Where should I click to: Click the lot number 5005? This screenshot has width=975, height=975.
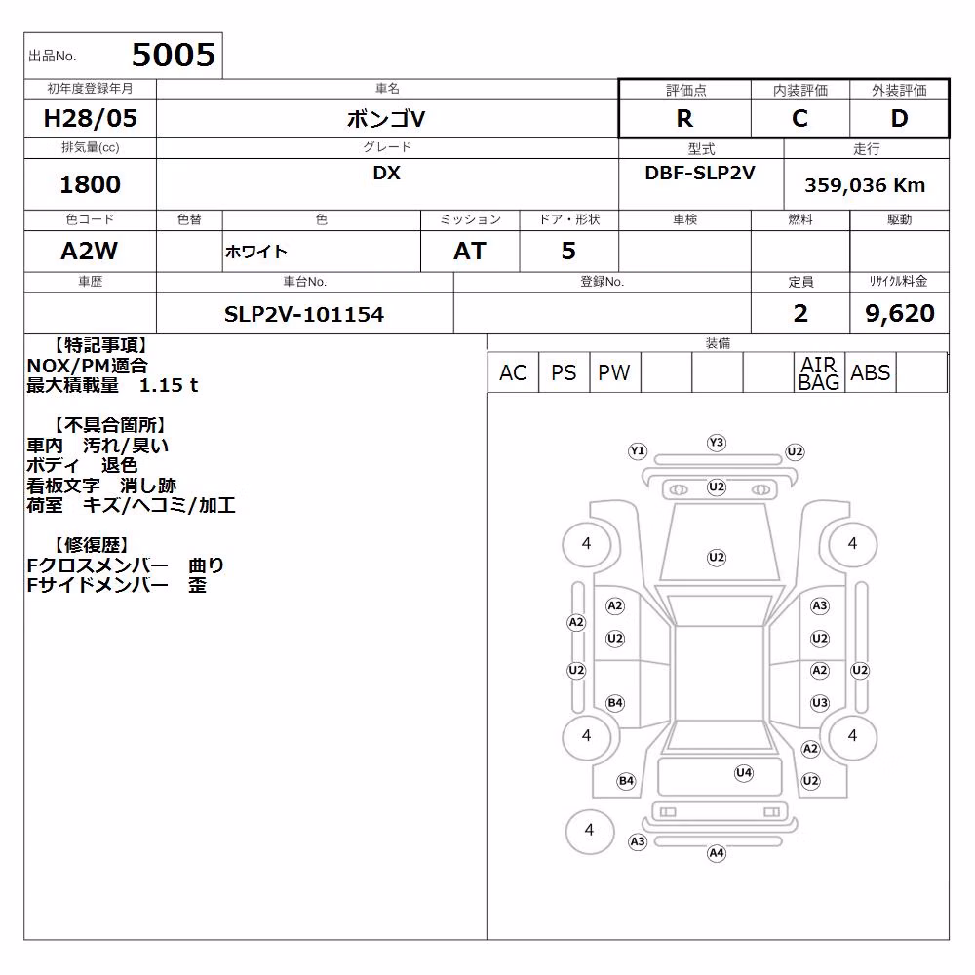point(174,55)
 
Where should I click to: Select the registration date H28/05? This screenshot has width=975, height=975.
point(90,118)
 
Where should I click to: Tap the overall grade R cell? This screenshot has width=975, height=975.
point(684,118)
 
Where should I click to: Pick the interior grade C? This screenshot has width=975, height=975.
point(799,118)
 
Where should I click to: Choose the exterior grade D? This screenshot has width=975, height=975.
point(899,118)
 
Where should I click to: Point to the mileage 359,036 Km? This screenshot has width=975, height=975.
point(865,185)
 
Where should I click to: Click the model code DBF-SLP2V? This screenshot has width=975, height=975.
point(700,173)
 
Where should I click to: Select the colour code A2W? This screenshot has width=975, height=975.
point(89,251)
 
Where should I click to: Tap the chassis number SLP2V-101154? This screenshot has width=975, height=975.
point(304,315)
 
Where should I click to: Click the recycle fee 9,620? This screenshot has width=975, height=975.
point(900,313)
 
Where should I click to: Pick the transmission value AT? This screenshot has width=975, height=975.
point(470,251)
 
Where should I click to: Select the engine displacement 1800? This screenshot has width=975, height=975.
point(90,184)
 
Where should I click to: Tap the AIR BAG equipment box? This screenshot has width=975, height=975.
point(819,372)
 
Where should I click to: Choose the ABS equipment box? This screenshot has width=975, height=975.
point(871,372)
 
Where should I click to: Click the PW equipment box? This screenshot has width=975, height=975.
point(614,372)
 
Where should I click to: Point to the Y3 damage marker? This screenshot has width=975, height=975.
point(717,442)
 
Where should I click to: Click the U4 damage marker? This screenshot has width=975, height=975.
point(744,773)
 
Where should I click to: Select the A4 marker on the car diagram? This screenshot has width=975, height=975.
point(717,853)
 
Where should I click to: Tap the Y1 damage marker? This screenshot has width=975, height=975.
point(638,450)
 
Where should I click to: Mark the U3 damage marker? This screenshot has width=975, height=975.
point(820,703)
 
